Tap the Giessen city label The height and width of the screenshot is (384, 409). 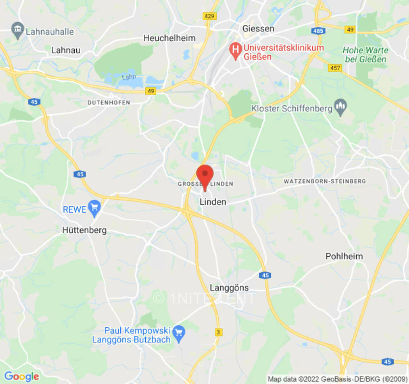point(258,28)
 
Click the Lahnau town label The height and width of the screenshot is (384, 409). point(66,50)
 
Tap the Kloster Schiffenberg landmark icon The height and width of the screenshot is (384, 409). point(340,108)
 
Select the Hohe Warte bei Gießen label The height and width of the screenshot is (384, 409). point(365,54)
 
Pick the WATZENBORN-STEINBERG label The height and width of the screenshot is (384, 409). point(325,181)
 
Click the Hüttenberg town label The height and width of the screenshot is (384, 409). point(84,230)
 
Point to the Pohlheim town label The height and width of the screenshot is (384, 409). point(344,256)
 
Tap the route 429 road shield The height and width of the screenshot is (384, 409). point(210,16)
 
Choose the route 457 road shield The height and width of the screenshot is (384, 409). point(335,68)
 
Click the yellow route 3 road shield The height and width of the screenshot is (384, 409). point(219,332)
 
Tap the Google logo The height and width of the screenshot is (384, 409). point(21,376)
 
